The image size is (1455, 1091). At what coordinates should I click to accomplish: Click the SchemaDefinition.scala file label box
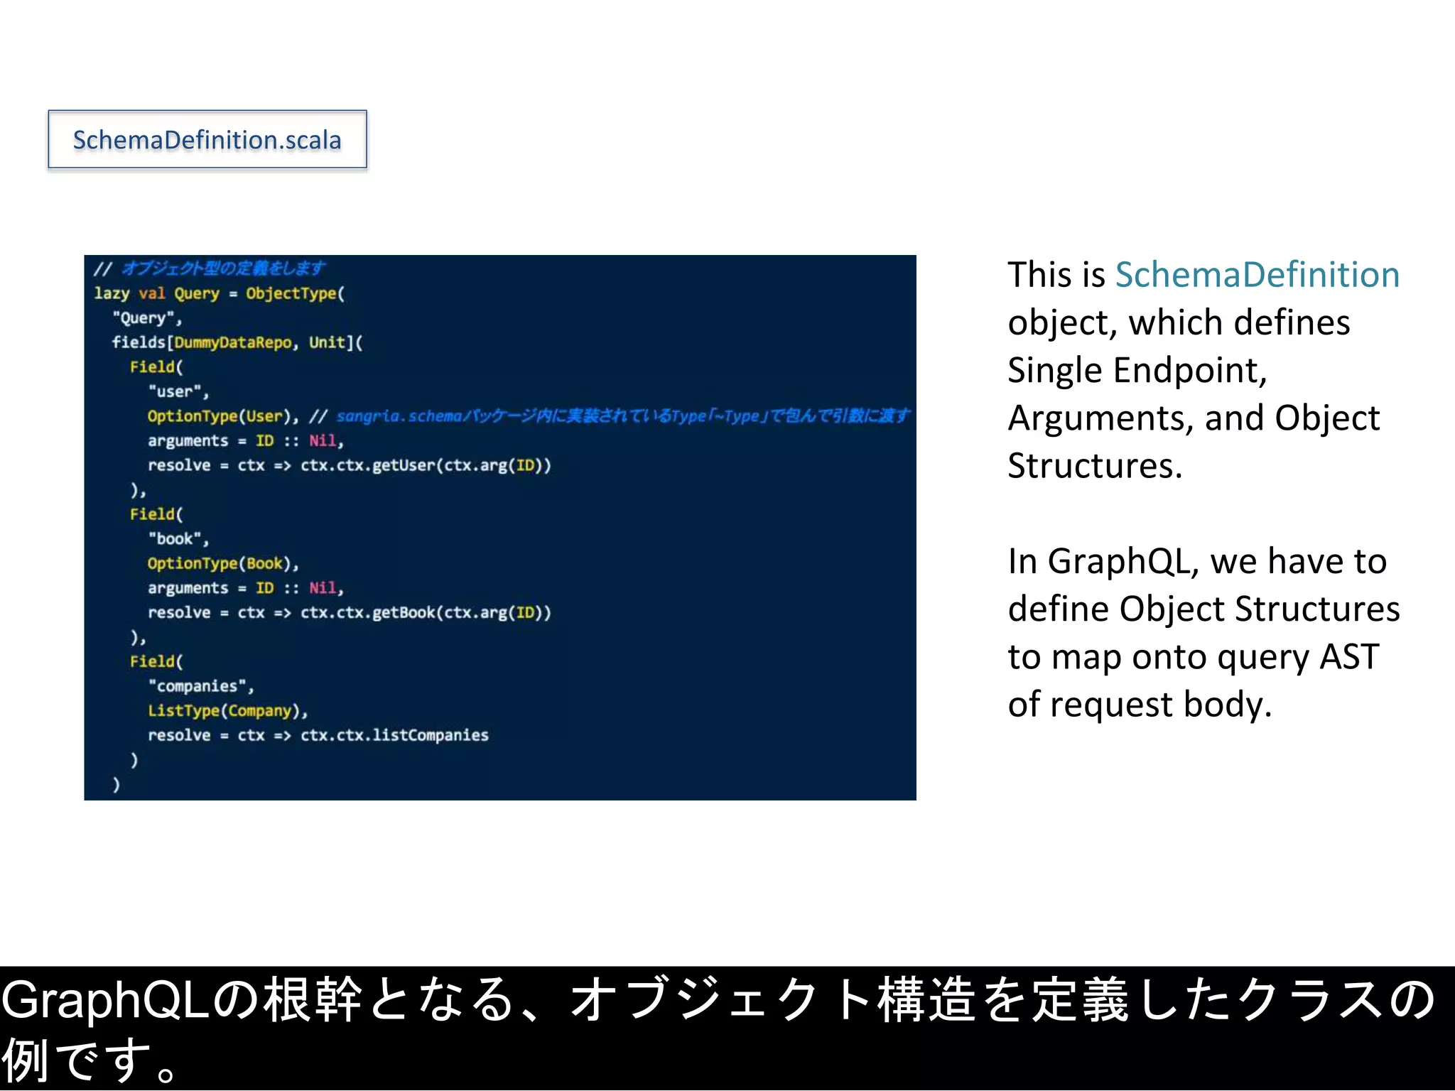point(207,139)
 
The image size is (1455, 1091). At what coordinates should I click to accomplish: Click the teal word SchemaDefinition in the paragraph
point(1257,275)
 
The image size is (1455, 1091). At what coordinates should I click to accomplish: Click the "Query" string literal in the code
point(146,317)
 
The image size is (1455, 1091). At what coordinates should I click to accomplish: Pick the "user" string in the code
point(178,391)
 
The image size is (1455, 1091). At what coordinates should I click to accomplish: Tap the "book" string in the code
point(178,538)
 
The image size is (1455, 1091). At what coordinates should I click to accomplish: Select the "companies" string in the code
point(200,686)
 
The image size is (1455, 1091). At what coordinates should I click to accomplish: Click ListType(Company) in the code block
point(227,710)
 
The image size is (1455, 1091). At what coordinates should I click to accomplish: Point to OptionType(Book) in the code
point(222,563)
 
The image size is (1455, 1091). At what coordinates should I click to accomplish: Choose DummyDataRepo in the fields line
point(232,342)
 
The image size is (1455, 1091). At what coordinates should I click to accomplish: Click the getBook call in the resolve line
point(403,612)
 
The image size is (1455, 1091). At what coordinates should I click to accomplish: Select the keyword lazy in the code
point(112,293)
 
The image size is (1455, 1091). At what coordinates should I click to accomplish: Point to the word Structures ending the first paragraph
point(1094,466)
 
